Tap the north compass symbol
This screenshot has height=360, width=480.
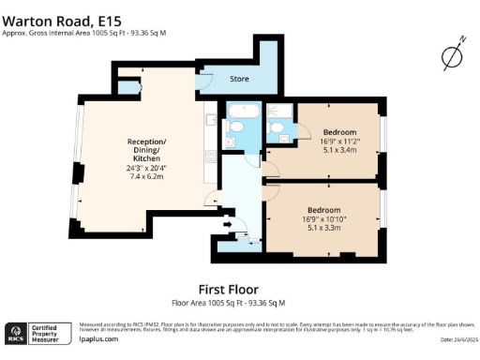pyautogui.click(x=453, y=56)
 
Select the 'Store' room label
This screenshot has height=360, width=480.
pyautogui.click(x=240, y=80)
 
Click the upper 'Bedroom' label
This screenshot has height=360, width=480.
pyautogui.click(x=339, y=132)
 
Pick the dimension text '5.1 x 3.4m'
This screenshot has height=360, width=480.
pyautogui.click(x=339, y=149)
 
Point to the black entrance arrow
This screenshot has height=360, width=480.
pyautogui.click(x=228, y=223)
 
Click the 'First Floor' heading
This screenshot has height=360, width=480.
pyautogui.click(x=228, y=289)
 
